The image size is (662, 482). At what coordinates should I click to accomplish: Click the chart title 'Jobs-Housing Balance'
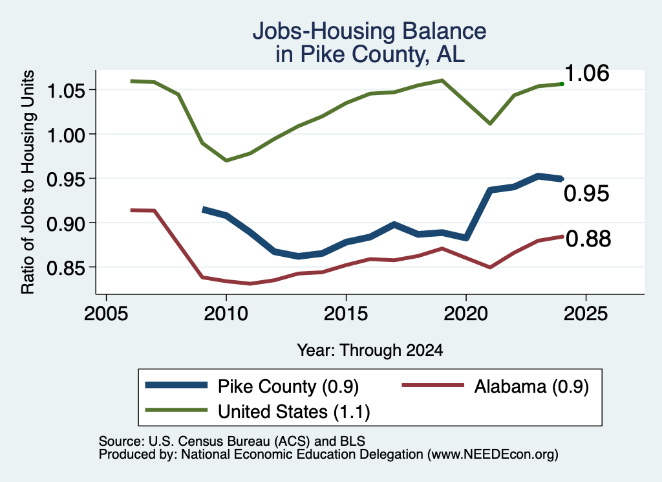tap(369, 31)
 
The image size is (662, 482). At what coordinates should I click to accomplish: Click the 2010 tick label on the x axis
tap(226, 314)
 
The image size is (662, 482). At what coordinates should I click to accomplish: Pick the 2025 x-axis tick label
tap(586, 314)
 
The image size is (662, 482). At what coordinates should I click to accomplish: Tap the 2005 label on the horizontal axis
tap(107, 314)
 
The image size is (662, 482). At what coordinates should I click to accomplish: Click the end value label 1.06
tap(587, 73)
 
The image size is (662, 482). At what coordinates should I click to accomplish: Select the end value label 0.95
tap(587, 193)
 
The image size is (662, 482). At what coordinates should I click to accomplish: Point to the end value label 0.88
tap(588, 239)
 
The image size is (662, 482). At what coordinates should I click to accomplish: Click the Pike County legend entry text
tap(288, 386)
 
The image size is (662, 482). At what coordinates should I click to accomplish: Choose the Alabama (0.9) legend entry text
tap(531, 386)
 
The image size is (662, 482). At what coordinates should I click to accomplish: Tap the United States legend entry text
tap(294, 412)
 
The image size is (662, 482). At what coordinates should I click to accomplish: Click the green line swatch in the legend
tap(176, 410)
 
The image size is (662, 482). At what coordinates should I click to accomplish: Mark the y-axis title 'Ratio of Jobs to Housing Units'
tap(28, 182)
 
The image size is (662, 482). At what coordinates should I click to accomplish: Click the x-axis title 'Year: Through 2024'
tap(370, 350)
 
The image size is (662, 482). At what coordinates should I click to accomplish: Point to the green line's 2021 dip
tap(490, 124)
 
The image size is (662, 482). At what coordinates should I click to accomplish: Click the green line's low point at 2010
tap(226, 160)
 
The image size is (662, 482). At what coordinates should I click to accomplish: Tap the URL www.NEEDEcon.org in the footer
tap(492, 455)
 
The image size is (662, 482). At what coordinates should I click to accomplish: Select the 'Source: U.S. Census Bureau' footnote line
tap(232, 441)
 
